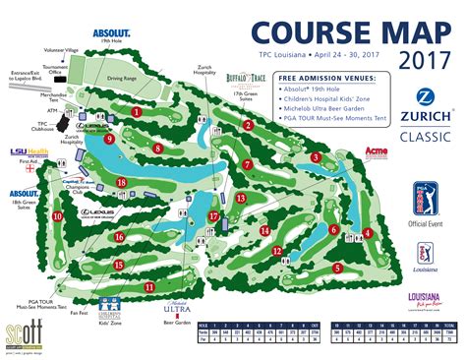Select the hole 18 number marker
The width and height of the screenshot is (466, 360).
pyautogui.click(x=121, y=182)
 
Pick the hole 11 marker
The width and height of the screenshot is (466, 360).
pyautogui.click(x=149, y=286)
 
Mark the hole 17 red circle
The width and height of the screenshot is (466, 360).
pyautogui.click(x=213, y=215)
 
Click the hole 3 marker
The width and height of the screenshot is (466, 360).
pyautogui.click(x=316, y=157)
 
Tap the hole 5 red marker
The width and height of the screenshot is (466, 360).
pyautogui.click(x=337, y=268)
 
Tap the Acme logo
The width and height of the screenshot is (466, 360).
pyautogui.click(x=376, y=151)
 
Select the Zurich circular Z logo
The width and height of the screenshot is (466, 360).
pyautogui.click(x=426, y=96)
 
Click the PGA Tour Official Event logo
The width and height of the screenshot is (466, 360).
pyautogui.click(x=425, y=198)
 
